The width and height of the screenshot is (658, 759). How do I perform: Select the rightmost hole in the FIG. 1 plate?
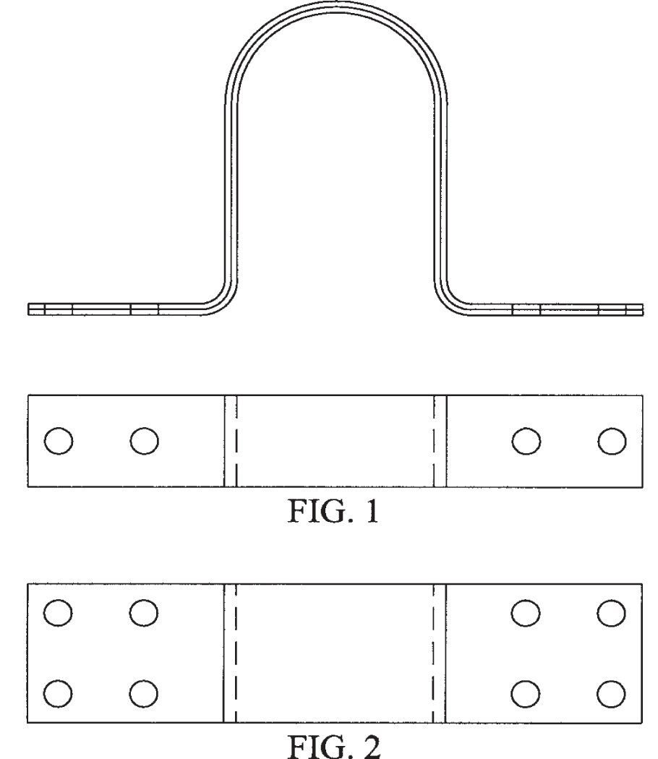(x=612, y=440)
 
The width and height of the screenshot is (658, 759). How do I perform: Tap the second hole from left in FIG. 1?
(x=144, y=440)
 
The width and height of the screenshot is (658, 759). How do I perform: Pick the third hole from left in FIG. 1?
(x=526, y=440)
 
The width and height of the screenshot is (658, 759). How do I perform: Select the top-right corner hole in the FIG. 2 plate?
(x=612, y=613)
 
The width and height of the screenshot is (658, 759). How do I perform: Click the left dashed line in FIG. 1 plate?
(x=237, y=440)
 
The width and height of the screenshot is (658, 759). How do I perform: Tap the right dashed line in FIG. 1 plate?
(x=433, y=440)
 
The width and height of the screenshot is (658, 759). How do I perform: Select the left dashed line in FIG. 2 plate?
(x=237, y=652)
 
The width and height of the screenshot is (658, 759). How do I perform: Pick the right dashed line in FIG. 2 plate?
(x=433, y=652)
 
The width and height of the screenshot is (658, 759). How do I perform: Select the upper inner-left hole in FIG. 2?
(x=144, y=613)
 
